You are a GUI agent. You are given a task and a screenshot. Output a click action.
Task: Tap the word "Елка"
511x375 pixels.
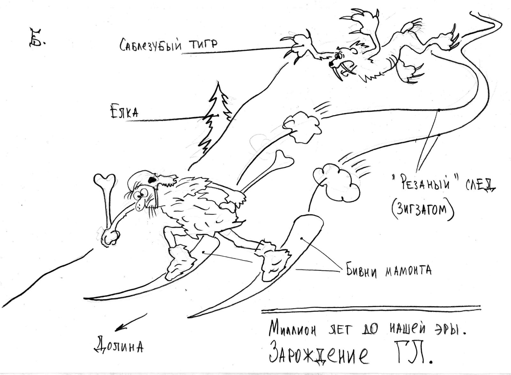point(124,112)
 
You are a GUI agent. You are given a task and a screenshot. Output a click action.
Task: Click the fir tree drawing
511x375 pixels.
point(217,119)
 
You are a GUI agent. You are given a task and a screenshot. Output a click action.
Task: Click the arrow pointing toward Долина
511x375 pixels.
point(131,322)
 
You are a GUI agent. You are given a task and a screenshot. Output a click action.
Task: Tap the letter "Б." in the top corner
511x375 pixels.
point(36,38)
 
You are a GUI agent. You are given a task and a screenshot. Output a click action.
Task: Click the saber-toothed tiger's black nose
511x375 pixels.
point(331,64)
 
